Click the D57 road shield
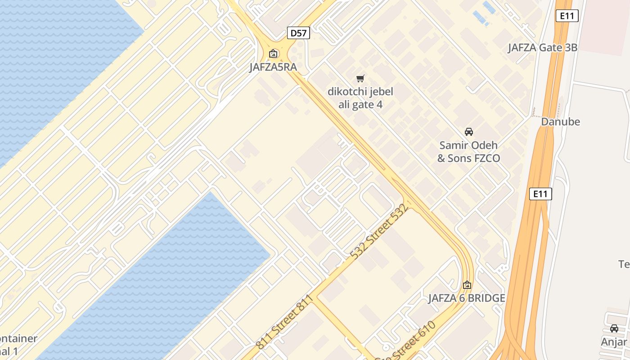click(x=298, y=32)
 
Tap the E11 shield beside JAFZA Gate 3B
click(x=567, y=16)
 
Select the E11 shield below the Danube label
click(x=540, y=194)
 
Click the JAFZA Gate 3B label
click(x=542, y=48)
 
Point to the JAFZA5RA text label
click(x=273, y=67)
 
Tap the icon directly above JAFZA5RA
click(x=273, y=54)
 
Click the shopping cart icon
click(x=360, y=79)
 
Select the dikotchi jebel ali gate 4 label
click(x=360, y=98)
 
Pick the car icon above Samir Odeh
click(x=469, y=132)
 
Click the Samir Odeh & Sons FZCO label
click(x=469, y=152)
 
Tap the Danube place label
click(x=560, y=121)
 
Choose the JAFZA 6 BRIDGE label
click(x=467, y=298)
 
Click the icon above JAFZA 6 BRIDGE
click(x=467, y=285)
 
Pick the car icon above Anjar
click(x=614, y=328)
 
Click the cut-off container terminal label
click(x=18, y=345)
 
